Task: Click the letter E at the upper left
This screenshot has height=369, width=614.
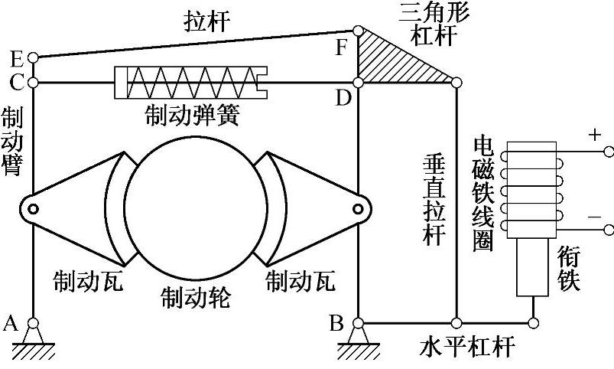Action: pyautogui.click(x=17, y=58)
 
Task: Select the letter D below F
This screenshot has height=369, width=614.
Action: pyautogui.click(x=343, y=99)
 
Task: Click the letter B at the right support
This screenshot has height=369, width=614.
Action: pyautogui.click(x=336, y=322)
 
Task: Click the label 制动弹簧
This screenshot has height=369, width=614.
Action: pyautogui.click(x=193, y=116)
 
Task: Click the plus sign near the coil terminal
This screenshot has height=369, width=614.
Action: pyautogui.click(x=593, y=136)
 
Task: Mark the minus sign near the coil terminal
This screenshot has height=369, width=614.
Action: pyautogui.click(x=593, y=217)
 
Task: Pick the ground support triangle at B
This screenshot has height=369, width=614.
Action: pyautogui.click(x=357, y=335)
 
